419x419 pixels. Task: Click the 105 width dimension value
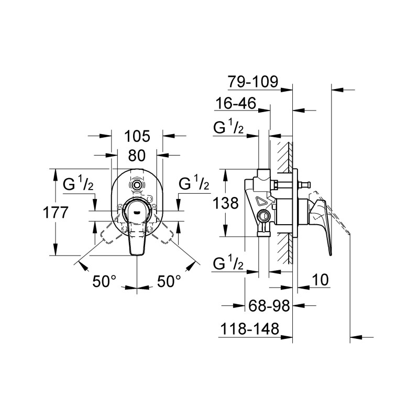[137, 136]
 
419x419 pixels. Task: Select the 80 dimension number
[137, 156]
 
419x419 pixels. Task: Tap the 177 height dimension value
[56, 213]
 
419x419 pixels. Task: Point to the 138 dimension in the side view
[226, 203]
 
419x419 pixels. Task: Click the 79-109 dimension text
[253, 82]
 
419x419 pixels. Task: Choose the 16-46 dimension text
[236, 103]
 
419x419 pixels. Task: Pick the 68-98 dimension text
[269, 305]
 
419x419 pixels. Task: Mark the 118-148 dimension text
[249, 328]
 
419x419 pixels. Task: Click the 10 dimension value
[320, 280]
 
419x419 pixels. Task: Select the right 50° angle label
[169, 281]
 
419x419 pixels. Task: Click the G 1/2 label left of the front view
[78, 183]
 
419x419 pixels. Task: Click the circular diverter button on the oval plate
[137, 185]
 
